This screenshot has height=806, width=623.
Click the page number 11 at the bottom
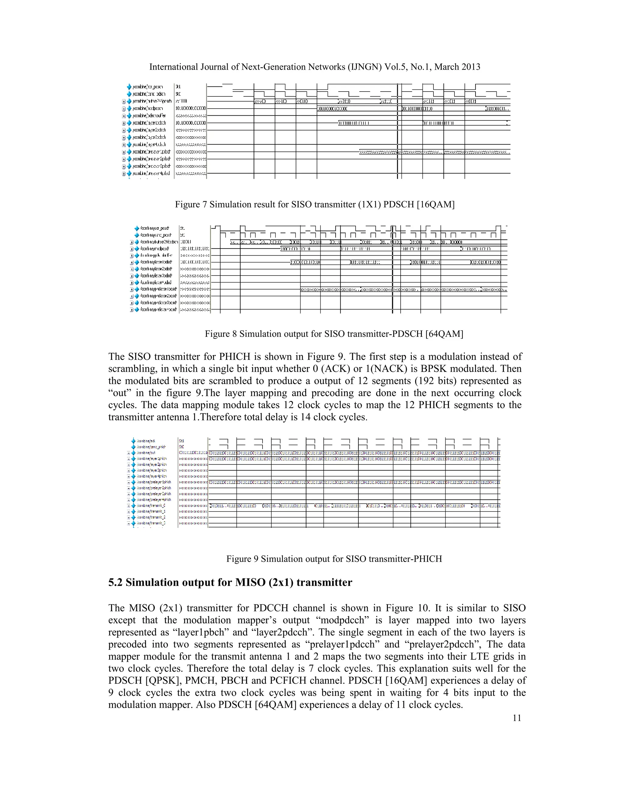517,718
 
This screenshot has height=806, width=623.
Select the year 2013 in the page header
470,67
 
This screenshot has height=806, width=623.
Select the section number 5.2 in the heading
116,583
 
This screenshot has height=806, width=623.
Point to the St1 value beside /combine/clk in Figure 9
181,441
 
